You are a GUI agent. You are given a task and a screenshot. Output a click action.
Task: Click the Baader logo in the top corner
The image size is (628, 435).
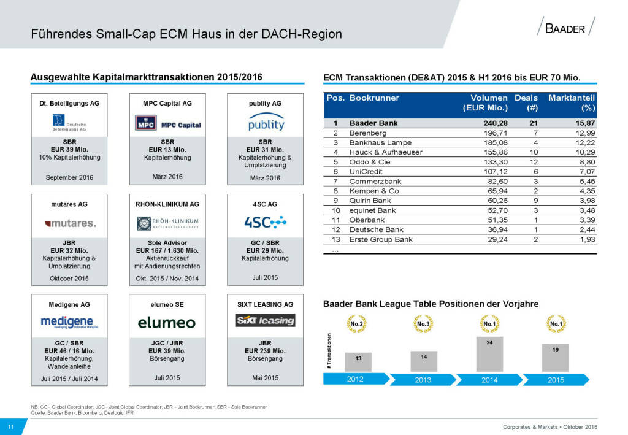565,28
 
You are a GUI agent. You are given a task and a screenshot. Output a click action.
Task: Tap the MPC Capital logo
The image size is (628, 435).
168,125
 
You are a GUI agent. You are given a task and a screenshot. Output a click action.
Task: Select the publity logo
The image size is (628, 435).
266,123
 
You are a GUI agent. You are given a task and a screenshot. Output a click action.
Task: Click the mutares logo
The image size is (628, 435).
70,223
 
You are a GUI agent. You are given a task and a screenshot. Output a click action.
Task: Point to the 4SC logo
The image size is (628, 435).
266,221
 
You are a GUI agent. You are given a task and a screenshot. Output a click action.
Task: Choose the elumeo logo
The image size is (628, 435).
167,323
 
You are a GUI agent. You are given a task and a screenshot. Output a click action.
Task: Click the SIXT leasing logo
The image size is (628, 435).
266,320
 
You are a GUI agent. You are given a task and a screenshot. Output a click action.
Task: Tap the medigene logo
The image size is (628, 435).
70,322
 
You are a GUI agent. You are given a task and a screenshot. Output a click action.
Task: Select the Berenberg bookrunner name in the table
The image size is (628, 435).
369,133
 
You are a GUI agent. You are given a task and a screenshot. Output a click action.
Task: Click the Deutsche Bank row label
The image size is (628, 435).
377,229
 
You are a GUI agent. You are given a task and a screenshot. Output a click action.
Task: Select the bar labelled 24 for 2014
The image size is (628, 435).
489,354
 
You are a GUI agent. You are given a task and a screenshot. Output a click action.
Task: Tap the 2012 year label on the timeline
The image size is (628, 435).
355,379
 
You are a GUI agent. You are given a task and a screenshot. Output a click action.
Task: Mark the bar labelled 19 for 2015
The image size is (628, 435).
556,357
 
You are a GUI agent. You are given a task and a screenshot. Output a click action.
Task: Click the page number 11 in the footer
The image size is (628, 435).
11,427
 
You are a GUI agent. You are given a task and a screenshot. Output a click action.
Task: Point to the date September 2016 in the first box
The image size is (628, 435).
70,178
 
